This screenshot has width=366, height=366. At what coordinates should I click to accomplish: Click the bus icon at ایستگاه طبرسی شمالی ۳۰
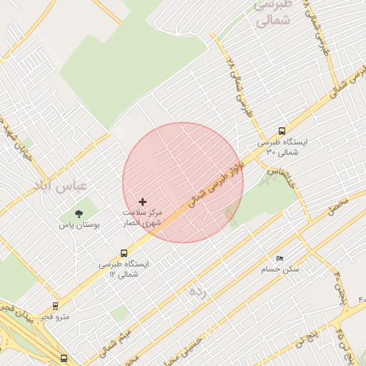pyautogui.click(x=282, y=132)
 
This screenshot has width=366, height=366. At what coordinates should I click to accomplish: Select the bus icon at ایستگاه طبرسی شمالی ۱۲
pyautogui.click(x=124, y=253)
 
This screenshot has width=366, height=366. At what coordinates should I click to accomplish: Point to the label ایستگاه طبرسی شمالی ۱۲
pyautogui.click(x=126, y=269)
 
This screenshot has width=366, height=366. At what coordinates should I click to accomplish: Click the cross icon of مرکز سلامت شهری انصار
pyautogui.click(x=142, y=203)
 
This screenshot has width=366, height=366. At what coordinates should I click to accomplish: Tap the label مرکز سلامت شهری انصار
pyautogui.click(x=144, y=218)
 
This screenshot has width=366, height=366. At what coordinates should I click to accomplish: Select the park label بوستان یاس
pyautogui.click(x=79, y=225)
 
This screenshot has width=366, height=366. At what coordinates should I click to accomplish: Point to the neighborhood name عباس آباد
pyautogui.click(x=61, y=186)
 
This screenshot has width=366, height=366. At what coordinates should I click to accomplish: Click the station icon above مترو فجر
pyautogui.click(x=56, y=306)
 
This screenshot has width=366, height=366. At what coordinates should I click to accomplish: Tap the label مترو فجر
pyautogui.click(x=56, y=317)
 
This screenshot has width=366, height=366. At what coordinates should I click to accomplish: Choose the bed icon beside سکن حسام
pyautogui.click(x=280, y=258)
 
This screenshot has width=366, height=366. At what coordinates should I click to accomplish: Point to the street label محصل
pyautogui.click(x=338, y=209)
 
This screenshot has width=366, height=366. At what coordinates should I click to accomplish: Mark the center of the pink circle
pyautogui.click(x=183, y=183)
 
